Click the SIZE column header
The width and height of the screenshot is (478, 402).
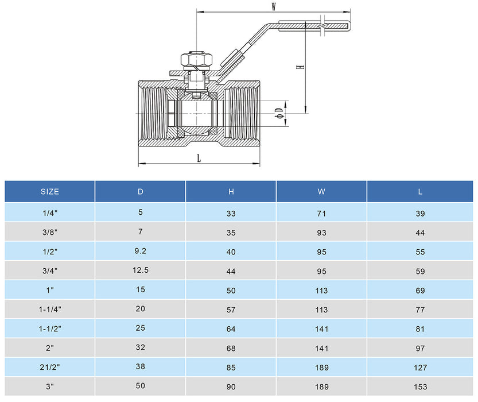50,192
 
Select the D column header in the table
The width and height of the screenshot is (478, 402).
141,192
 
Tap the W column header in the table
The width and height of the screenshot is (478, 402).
321,192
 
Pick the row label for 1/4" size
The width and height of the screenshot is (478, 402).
50,213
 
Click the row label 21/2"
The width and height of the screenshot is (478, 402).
50,368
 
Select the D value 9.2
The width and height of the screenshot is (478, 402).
141,250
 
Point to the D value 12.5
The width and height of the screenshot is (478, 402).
141,270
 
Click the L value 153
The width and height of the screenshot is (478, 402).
420,387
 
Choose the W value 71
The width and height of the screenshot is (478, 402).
321,214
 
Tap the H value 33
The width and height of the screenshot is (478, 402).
231,214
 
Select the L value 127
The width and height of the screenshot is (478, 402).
420,368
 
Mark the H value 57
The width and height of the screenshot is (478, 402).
231,310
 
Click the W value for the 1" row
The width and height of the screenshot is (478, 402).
321,291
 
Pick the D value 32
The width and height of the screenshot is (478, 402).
141,347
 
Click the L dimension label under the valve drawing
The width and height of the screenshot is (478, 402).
199,159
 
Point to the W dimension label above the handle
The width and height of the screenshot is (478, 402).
274,7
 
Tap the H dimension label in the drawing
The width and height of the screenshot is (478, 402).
300,67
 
